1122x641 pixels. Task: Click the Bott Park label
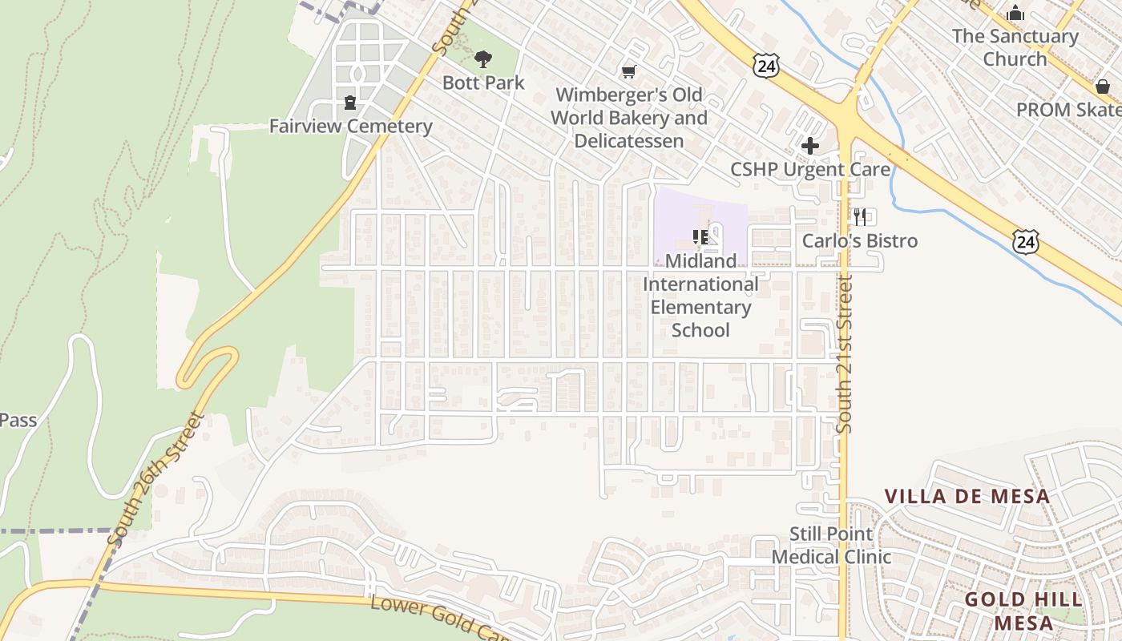pos(483,83)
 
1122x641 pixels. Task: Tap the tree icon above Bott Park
pos(482,58)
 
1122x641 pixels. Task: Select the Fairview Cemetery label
pos(350,126)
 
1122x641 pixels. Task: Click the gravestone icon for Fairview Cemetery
pos(350,103)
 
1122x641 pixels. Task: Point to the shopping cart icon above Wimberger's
pos(629,72)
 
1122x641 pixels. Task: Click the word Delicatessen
pos(628,141)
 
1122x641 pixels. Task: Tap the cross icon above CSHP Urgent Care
pos(810,146)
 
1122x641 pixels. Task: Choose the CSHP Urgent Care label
pos(810,169)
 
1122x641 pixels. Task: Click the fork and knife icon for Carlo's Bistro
pos(861,216)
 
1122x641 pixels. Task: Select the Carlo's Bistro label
pos(860,240)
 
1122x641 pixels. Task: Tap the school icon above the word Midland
pos(700,236)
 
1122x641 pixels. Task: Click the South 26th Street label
pos(155,479)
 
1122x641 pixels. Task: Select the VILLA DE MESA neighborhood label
pos(967,496)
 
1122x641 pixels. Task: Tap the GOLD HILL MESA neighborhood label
pos(1023,611)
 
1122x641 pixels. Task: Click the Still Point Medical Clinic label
pos(831,545)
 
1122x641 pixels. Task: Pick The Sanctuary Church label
pos(1015,47)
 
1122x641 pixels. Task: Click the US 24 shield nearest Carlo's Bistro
pos(1024,241)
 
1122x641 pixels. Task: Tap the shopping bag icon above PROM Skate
pos(1103,87)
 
